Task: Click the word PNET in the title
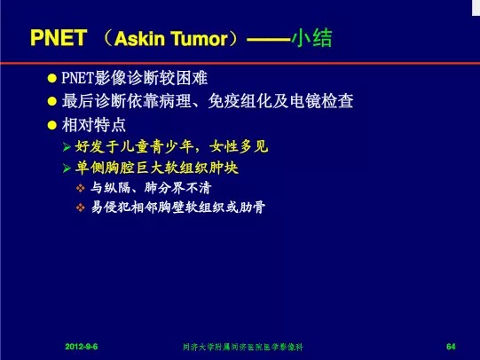point(59,38)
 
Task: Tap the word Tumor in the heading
point(200,38)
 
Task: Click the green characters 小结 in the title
point(311,38)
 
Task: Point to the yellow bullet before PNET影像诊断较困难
point(52,78)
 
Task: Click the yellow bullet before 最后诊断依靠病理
point(52,101)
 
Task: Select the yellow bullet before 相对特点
point(52,125)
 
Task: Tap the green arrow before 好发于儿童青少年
point(67,147)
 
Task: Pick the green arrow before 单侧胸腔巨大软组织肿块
point(67,168)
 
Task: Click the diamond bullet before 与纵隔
point(81,188)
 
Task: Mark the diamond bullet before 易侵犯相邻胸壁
point(81,207)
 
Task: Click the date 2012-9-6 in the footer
point(82,347)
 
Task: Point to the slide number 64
point(451,347)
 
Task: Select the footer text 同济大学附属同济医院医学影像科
point(243,347)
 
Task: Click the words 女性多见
point(239,146)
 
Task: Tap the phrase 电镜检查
point(321,101)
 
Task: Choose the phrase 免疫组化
point(240,101)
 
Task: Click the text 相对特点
point(94,125)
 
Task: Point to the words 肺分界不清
point(177,188)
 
